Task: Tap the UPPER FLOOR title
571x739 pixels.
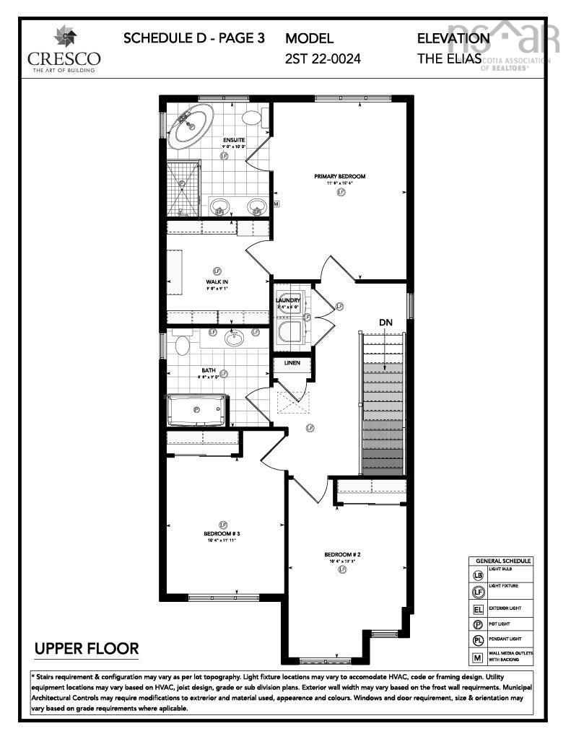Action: coord(87,649)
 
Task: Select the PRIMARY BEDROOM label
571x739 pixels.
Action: coord(339,176)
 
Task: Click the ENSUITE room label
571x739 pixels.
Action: coord(234,140)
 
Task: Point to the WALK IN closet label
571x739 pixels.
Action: coord(217,281)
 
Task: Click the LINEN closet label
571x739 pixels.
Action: coord(292,363)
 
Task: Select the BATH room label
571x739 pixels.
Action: coord(208,370)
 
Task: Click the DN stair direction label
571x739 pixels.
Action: coord(386,323)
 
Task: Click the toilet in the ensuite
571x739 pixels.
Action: coord(253,118)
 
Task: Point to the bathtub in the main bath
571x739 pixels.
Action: coord(197,411)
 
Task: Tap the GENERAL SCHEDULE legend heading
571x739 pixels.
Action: coord(502,561)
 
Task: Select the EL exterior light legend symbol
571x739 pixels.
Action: coord(477,608)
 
